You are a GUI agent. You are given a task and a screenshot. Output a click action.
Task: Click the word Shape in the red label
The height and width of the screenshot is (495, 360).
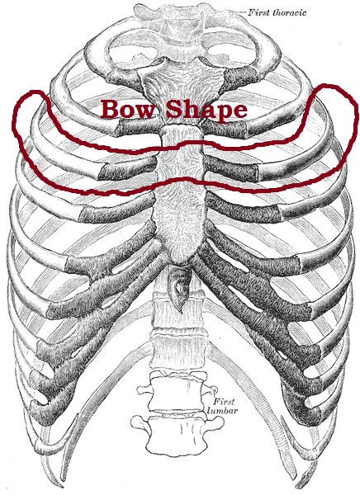pos(206,111)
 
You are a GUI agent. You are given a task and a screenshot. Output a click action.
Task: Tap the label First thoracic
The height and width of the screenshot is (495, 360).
pos(277,12)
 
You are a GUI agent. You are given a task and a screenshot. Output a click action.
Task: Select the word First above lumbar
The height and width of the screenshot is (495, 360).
pos(224,402)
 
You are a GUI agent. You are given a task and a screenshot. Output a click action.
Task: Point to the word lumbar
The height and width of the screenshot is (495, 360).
pos(222,411)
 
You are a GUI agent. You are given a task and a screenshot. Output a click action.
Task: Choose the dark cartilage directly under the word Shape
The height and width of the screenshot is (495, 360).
pos(225,130)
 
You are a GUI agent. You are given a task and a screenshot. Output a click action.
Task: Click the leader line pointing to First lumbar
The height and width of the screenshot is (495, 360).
pos(216,393)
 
